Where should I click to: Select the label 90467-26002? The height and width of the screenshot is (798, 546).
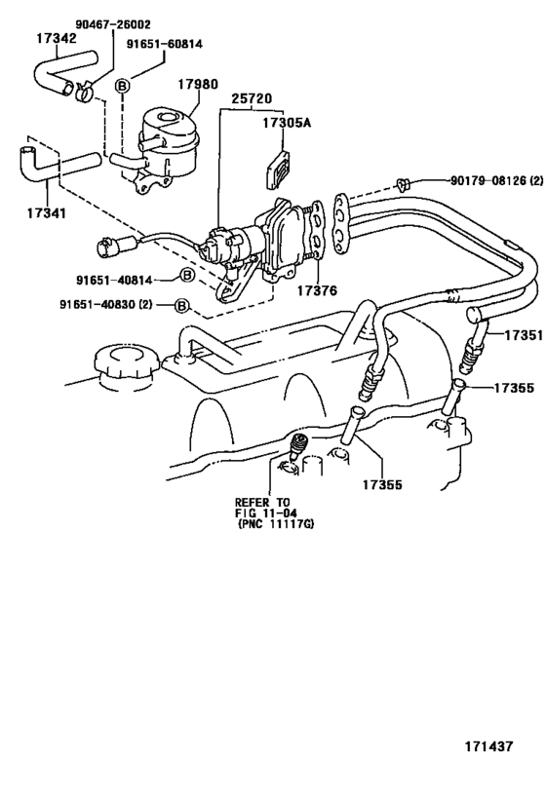[113, 21]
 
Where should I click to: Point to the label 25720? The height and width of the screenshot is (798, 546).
[253, 98]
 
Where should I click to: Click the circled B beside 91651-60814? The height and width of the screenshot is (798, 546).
[122, 85]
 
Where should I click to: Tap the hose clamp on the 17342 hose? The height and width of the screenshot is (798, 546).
[84, 93]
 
